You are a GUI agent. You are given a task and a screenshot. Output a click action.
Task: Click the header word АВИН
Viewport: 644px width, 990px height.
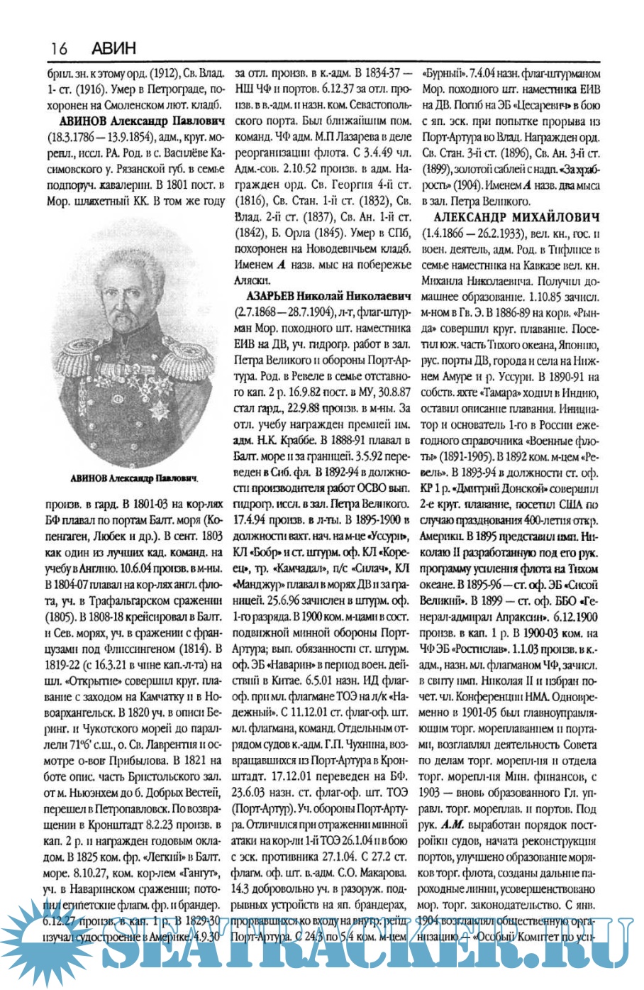(x=113, y=48)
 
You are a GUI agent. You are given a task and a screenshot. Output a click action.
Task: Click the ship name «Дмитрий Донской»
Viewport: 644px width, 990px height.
(x=503, y=490)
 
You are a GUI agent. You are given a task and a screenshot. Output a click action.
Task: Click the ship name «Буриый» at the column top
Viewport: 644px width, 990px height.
(x=444, y=73)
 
